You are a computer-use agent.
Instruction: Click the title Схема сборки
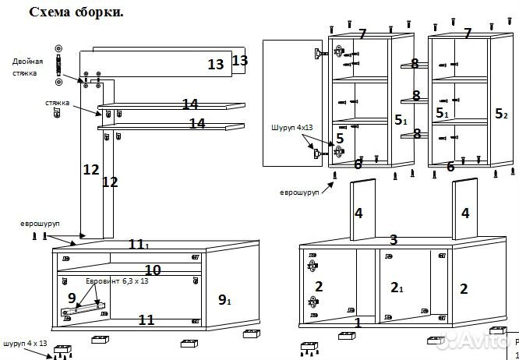click(x=76, y=13)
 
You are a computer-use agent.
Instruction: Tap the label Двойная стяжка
click(x=27, y=65)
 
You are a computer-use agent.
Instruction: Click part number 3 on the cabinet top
click(x=394, y=239)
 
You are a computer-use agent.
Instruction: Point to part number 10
click(x=153, y=270)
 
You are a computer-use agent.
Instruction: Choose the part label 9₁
click(x=224, y=299)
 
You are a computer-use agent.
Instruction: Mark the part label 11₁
click(x=139, y=245)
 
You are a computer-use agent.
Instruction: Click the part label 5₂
click(x=501, y=114)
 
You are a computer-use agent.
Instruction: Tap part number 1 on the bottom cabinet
click(x=358, y=321)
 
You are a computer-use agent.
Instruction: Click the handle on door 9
click(x=81, y=309)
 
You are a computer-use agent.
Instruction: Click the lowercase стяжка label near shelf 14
click(x=57, y=102)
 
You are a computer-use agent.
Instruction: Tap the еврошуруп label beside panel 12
click(x=40, y=224)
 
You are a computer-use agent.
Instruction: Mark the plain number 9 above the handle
click(x=72, y=297)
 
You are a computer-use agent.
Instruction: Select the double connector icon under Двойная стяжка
click(x=57, y=67)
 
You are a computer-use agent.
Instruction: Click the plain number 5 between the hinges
click(x=340, y=139)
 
